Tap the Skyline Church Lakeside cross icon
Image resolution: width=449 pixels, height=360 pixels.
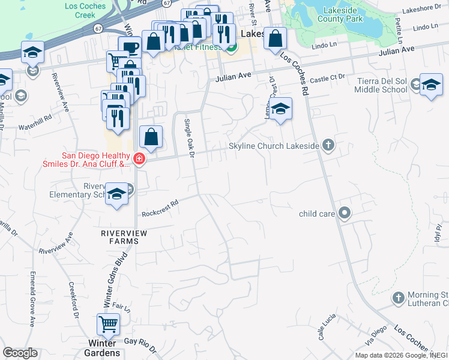point(328,145)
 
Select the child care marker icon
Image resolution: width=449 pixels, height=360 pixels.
point(345,213)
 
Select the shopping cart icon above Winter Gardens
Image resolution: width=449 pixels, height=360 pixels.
point(108,325)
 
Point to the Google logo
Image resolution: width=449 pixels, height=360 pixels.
point(20,353)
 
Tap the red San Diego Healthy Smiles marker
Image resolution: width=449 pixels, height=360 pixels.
point(139,159)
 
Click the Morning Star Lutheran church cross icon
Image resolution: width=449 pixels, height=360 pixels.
point(398,298)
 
